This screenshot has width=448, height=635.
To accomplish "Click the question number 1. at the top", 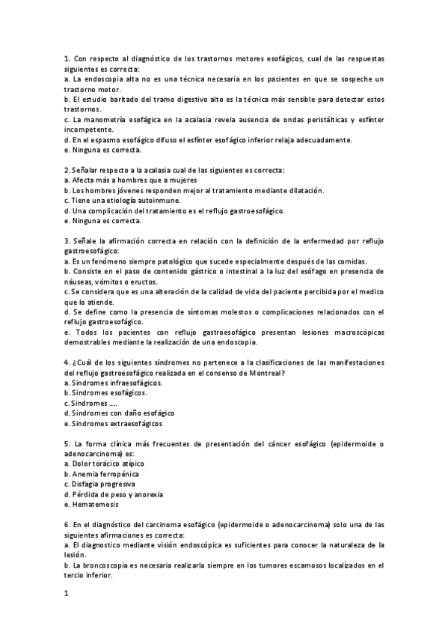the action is pyautogui.click(x=67, y=58).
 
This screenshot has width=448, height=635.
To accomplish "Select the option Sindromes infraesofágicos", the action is pyautogui.click(x=114, y=383).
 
